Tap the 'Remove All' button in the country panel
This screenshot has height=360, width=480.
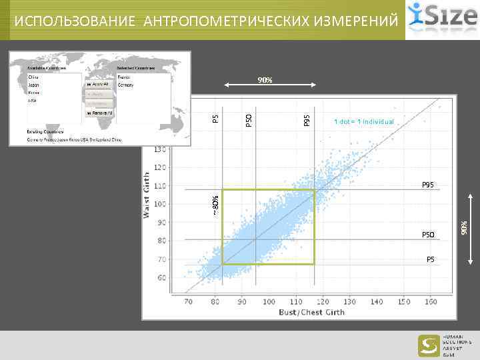[99, 115]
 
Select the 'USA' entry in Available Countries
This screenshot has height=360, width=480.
[32, 101]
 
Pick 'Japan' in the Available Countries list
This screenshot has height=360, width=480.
[33, 85]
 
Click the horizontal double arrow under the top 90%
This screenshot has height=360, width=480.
[265, 85]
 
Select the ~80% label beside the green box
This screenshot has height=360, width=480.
[215, 205]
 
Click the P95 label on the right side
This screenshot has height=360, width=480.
[428, 184]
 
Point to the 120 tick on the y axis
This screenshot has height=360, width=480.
[161, 167]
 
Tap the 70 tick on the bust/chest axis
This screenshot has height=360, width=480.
[188, 302]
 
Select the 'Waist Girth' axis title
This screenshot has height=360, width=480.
[147, 193]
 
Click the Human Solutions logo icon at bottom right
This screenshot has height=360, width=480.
[429, 345]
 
